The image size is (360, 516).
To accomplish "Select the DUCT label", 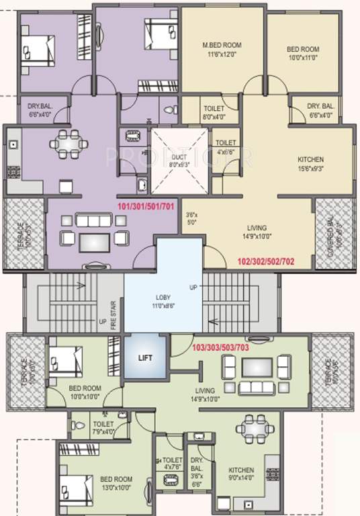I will pyautogui.click(x=176, y=158).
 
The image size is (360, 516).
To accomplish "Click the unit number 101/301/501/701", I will pyautogui.click(x=145, y=206).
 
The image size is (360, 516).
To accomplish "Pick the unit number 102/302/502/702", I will pyautogui.click(x=266, y=260).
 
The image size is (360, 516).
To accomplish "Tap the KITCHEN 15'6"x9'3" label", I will pyautogui.click(x=311, y=165).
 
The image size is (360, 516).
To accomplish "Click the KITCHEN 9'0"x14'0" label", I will pyautogui.click(x=240, y=474).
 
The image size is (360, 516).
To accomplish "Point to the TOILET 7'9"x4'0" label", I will pyautogui.click(x=103, y=428).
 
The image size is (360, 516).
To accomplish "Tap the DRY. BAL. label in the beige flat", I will pyautogui.click(x=321, y=111).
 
